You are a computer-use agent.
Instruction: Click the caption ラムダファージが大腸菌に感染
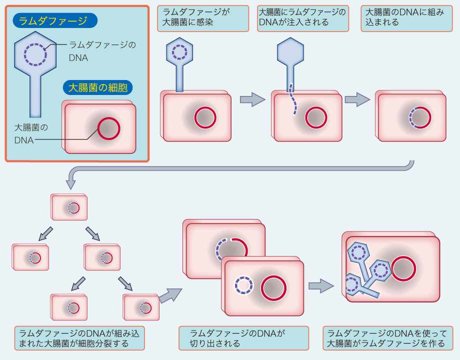point(202,18)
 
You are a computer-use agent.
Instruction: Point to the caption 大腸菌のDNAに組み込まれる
point(402,18)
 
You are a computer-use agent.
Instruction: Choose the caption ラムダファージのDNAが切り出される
point(243,338)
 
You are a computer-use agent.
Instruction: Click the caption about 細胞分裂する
point(79,338)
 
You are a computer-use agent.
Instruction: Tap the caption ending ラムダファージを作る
point(387,338)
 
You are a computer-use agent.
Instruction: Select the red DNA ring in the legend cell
point(108,128)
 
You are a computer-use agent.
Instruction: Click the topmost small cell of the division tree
point(70,207)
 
